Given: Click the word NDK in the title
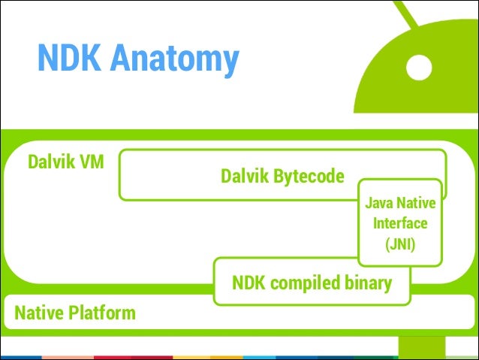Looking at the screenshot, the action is coord(69,57).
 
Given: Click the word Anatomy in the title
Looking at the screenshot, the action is coord(174,60).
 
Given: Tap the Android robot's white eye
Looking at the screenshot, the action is coord(419,68).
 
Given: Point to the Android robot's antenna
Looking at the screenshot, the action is coord(405,14).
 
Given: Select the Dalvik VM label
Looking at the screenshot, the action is coord(66,162).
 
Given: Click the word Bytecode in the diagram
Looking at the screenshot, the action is coord(309,177).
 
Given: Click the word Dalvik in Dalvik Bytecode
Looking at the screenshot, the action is coord(245,176).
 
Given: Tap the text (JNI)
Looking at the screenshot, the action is coord(400,244).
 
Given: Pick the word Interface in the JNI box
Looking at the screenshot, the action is coord(400,223).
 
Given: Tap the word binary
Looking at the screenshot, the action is coord(368,283).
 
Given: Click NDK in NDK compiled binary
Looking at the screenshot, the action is coord(249,283).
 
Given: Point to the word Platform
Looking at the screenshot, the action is coord(101,313).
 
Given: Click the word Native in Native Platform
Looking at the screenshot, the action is coord(39,313).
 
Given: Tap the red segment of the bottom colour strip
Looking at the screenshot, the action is coord(134,358).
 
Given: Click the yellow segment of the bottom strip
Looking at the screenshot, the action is coord(208,358).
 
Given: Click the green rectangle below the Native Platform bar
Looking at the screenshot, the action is coord(422,348).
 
